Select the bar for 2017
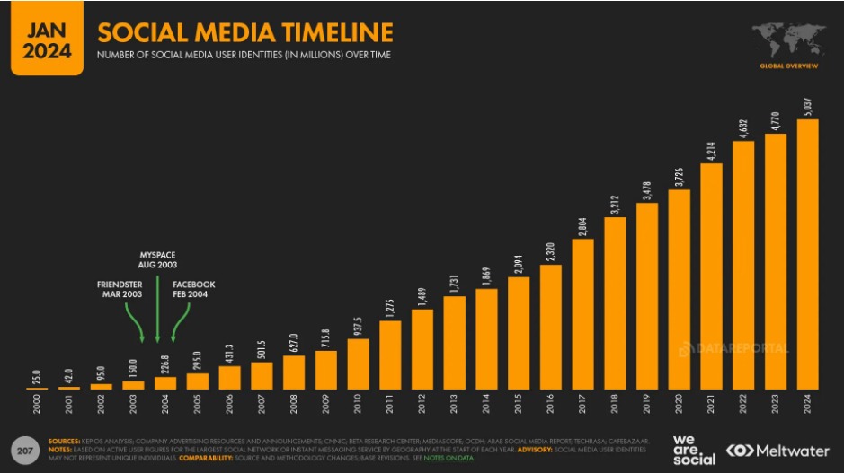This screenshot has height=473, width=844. click(582, 314)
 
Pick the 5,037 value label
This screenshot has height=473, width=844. click(807, 106)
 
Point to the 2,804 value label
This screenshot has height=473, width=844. click(582, 224)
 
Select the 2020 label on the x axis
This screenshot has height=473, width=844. click(680, 405)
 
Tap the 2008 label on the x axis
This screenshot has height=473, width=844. click(295, 405)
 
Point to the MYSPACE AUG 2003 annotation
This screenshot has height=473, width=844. click(157, 260)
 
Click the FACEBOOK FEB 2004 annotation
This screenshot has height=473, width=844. click(193, 291)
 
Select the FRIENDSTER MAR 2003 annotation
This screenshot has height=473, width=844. click(120, 291)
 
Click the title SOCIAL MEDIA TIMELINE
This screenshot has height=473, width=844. click(244, 33)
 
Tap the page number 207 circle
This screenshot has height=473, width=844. click(23, 448)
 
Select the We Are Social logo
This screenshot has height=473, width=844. click(694, 450)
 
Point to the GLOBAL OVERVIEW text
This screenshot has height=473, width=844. click(787, 66)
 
